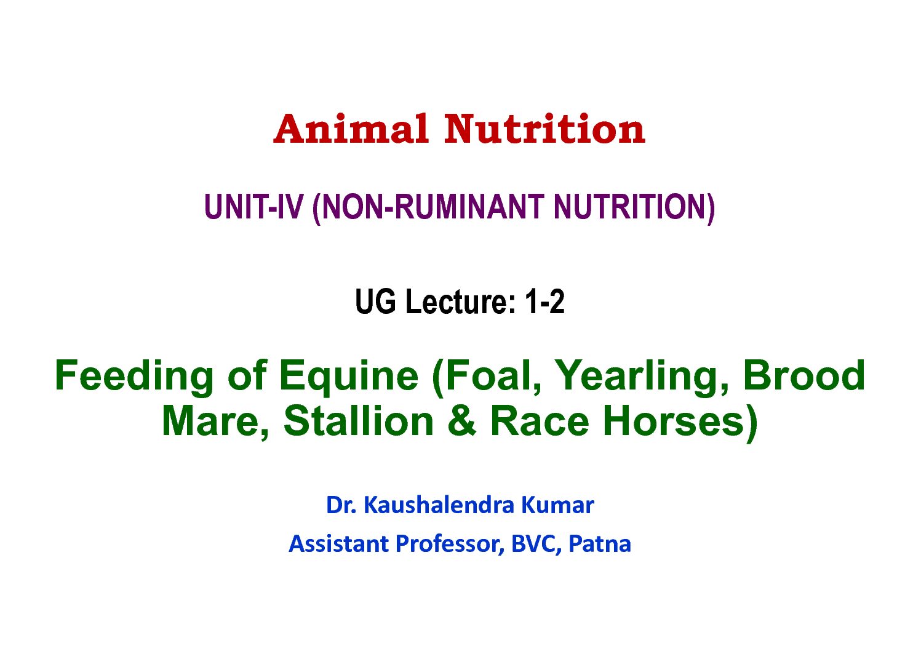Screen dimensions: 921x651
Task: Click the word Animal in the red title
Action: tap(351, 129)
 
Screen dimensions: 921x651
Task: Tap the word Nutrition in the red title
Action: tap(545, 129)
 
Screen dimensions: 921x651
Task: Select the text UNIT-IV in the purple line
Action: tap(253, 207)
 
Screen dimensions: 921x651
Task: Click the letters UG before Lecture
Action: tap(375, 302)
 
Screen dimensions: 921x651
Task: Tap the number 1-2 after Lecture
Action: tap(545, 302)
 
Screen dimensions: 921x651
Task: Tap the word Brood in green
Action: tap(804, 375)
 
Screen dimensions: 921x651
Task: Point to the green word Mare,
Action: tap(215, 422)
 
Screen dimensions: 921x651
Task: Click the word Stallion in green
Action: tap(359, 421)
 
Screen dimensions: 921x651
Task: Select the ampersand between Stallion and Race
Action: tap(462, 421)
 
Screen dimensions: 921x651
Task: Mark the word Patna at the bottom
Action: tap(600, 544)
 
